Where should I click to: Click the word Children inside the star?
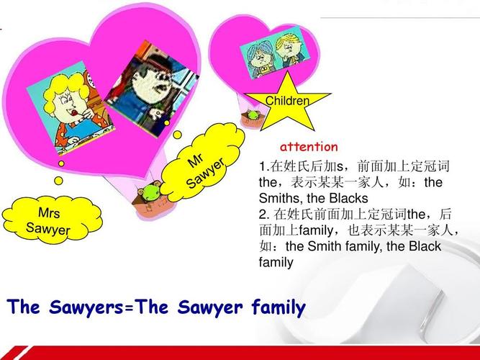[x=287, y=102]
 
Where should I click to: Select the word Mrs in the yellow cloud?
[x=49, y=214]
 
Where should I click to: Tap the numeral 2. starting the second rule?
[x=263, y=214]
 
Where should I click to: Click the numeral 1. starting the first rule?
[x=263, y=166]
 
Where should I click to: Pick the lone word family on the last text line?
[x=276, y=262]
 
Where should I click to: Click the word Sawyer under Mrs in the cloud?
[x=48, y=230]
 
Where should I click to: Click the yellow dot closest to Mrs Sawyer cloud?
[x=60, y=163]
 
